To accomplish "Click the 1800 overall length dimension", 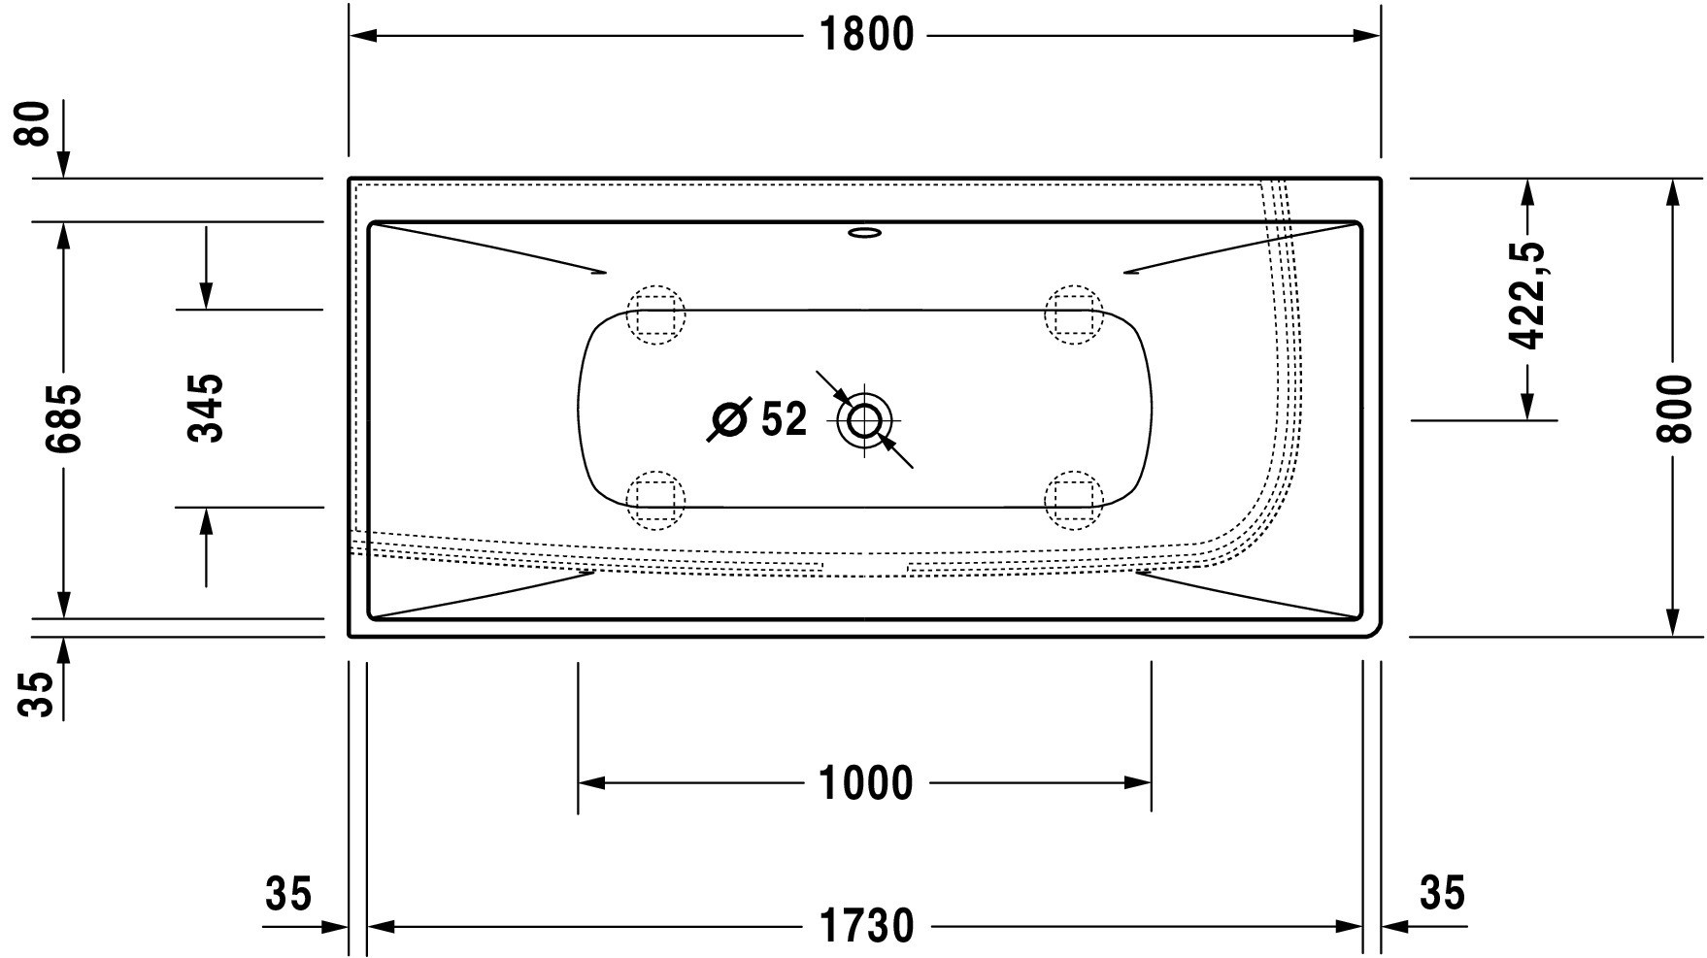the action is tap(866, 35).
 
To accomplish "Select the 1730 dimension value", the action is tap(866, 926).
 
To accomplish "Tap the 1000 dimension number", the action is tap(866, 783).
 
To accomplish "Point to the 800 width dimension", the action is tap(1672, 408).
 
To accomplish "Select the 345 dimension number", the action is tap(206, 408).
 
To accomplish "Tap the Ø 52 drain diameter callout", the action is tap(757, 419).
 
